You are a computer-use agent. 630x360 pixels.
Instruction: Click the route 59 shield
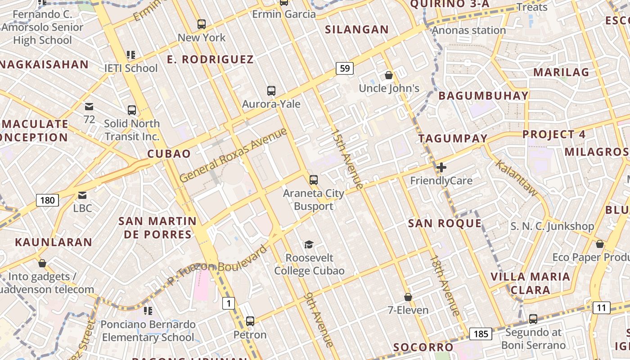(344, 68)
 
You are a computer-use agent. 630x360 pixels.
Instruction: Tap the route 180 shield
(47, 200)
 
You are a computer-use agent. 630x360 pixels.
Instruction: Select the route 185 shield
(481, 334)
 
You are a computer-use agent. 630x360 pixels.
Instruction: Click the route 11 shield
(601, 308)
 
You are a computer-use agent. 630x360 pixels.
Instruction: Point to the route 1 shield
(229, 304)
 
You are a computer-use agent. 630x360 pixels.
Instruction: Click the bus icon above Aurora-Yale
(271, 91)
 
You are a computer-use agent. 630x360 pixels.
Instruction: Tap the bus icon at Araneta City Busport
(314, 180)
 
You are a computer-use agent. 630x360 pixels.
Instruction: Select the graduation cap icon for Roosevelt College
(309, 245)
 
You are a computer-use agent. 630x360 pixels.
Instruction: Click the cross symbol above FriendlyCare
(441, 167)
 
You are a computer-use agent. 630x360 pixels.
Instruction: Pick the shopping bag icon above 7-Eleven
(408, 297)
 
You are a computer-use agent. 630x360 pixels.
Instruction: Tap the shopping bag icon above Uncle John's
(389, 75)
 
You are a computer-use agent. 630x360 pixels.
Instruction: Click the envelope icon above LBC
(82, 195)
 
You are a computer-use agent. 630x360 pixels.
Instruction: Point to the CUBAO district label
(169, 154)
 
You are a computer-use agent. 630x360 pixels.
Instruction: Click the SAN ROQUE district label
(445, 224)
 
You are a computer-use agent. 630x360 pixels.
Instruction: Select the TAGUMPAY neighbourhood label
(453, 139)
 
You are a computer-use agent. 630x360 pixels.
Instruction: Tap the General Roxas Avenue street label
(233, 155)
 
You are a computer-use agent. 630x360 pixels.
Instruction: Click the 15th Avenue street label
(346, 159)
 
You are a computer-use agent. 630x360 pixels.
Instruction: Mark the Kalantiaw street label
(517, 177)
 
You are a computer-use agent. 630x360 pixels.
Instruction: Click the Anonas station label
(469, 31)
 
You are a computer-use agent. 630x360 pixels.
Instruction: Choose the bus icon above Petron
(250, 321)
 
